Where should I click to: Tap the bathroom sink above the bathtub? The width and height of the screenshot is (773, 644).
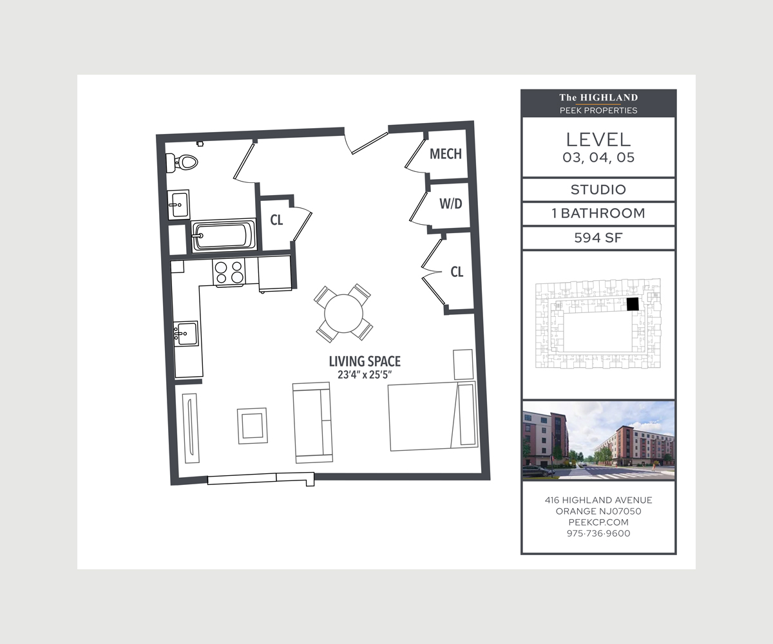click(178, 205)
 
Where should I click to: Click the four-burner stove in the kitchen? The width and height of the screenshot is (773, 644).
click(229, 272)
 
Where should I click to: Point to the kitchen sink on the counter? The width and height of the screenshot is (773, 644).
click(186, 334)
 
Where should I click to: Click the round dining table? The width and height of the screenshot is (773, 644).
click(344, 313)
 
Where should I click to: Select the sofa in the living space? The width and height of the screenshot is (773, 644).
click(312, 422)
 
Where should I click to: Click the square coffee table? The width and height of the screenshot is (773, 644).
click(252, 425)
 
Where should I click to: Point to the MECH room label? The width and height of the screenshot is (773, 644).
click(446, 154)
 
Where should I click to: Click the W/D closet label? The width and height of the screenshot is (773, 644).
click(450, 204)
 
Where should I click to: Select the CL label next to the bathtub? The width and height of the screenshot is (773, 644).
click(276, 220)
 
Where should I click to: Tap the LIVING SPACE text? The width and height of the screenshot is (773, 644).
click(365, 362)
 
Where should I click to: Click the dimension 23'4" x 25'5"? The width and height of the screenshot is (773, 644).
click(365, 375)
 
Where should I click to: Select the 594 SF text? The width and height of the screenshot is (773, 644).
click(598, 238)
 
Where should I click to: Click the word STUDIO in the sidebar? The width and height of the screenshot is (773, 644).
click(598, 190)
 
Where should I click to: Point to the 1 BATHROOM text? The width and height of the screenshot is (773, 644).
click(598, 213)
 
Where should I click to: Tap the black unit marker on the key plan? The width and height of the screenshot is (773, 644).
click(633, 304)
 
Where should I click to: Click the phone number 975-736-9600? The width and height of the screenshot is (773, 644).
click(598, 533)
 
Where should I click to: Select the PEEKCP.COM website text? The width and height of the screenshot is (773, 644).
click(598, 522)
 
